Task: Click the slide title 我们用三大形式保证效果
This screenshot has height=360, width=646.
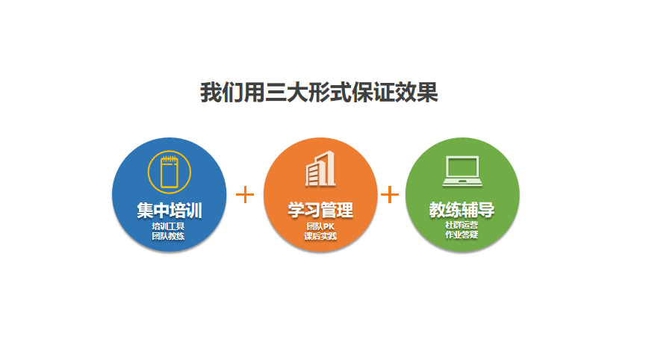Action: coord(319,93)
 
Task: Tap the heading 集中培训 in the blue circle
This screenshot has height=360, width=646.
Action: coord(170,210)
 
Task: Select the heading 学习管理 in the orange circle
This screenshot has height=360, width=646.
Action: coord(320,210)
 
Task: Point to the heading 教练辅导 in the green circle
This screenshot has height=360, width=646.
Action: coord(462,209)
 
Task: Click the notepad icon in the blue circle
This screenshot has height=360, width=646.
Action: coord(170,173)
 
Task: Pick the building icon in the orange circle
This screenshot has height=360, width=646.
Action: coord(320,169)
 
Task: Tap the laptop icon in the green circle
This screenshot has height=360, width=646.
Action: coord(462,171)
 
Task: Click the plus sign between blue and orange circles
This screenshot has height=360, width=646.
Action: coord(245,194)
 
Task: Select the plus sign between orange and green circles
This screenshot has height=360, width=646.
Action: coord(390,194)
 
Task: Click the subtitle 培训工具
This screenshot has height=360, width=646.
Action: coord(168,226)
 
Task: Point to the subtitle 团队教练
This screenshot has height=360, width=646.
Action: coord(168,236)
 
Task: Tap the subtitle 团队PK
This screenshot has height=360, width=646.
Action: coord(320,226)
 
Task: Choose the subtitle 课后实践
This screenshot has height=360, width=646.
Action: coord(320,236)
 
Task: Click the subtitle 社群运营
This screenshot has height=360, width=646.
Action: coord(462,225)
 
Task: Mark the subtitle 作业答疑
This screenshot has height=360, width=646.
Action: coord(462,235)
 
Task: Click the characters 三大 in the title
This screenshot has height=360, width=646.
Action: coord(287,93)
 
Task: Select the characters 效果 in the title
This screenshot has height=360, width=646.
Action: coord(417,93)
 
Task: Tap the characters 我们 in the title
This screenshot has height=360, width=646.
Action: coord(222,93)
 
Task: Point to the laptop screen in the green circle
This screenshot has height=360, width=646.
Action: coord(462,167)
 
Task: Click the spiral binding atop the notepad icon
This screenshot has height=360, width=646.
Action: coord(170,158)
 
